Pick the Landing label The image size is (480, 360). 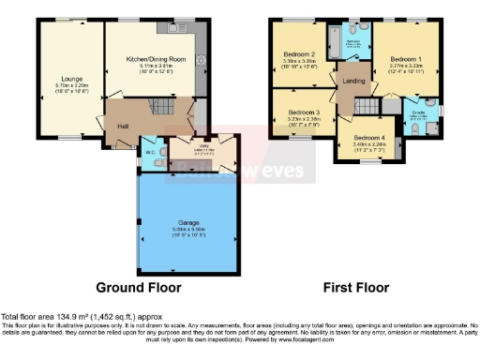(352, 81)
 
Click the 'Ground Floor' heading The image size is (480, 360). (139, 287)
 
